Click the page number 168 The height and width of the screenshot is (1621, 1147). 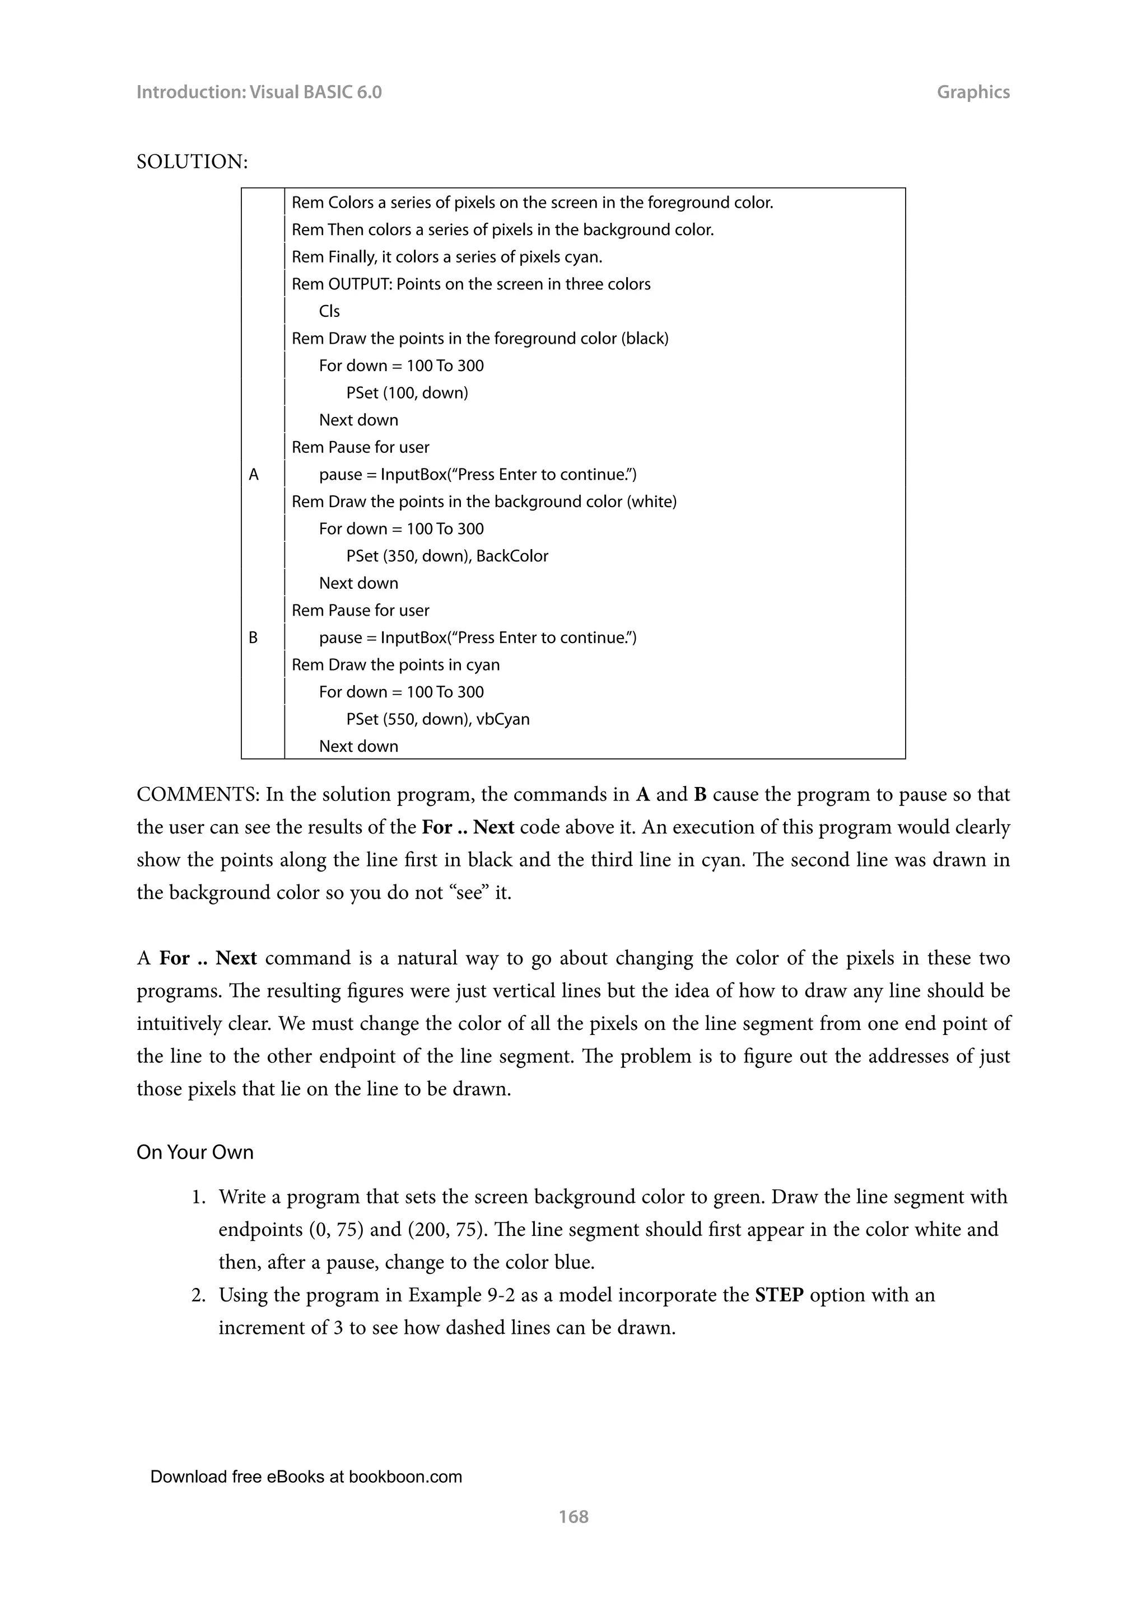pyautogui.click(x=573, y=1516)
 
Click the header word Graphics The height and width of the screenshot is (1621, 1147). pyautogui.click(x=973, y=92)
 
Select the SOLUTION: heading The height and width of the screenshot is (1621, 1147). pyautogui.click(x=192, y=162)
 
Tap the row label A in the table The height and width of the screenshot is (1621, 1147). pyautogui.click(x=254, y=475)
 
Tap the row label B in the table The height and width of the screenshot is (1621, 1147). pyautogui.click(x=253, y=638)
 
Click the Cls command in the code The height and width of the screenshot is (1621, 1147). pyautogui.click(x=329, y=311)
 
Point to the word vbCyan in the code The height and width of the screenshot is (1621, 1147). pyautogui.click(x=503, y=719)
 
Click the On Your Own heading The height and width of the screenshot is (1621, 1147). pyautogui.click(x=195, y=1151)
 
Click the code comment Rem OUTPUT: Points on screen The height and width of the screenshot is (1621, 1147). pyautogui.click(x=471, y=284)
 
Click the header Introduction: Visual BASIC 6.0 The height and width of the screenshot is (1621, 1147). pyautogui.click(x=259, y=92)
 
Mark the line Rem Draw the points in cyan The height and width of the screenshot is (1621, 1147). pyautogui.click(x=395, y=664)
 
